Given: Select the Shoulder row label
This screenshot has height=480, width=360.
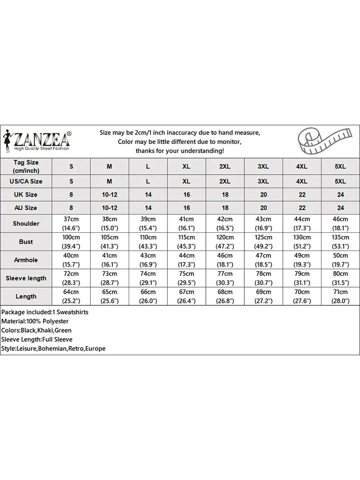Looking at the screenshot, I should click(26, 224).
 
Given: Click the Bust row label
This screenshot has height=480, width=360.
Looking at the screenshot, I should click(26, 242).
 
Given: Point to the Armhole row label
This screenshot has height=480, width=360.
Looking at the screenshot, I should click(26, 260).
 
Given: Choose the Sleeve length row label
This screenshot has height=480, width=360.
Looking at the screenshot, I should click(26, 278).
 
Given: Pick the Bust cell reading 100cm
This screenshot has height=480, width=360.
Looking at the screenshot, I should click(72, 242).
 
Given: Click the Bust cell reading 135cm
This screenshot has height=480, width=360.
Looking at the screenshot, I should click(340, 242).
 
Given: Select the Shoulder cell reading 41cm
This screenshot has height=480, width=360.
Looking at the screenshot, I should click(187, 224).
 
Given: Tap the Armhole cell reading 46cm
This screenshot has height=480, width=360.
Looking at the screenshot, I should click(225, 260).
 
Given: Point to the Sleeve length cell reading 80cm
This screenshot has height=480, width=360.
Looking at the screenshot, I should click(340, 278).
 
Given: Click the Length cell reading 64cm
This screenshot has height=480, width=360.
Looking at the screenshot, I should click(72, 296).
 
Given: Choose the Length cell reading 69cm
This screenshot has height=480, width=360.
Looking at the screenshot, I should click(264, 296).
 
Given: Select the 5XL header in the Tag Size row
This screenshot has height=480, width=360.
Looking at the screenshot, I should click(340, 166).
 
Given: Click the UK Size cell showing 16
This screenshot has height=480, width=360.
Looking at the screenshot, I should click(187, 195).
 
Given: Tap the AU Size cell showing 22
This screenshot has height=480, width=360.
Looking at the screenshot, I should click(302, 208).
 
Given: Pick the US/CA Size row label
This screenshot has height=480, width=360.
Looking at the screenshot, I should click(26, 181).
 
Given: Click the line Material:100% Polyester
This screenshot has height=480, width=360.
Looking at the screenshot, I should click(35, 321).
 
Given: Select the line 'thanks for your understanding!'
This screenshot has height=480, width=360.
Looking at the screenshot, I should click(180, 151).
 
